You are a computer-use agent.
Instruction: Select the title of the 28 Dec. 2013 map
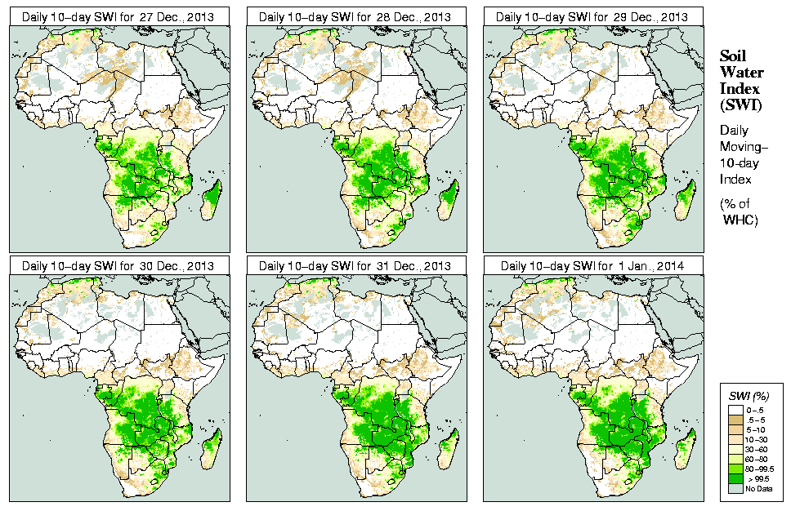pos(356,16)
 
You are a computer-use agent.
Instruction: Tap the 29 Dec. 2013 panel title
pos(592,16)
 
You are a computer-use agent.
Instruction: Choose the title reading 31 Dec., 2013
pos(356,265)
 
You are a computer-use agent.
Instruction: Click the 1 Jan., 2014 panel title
pos(592,265)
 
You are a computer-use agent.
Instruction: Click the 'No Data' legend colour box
pos(734,488)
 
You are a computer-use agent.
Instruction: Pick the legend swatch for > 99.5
pos(734,478)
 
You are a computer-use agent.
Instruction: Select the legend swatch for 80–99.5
pos(734,469)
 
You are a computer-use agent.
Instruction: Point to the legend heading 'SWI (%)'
pos(748,396)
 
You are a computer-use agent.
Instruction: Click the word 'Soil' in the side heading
pos(734,56)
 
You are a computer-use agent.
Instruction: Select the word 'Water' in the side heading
pos(740,72)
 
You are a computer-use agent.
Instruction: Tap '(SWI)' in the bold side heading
pos(740,104)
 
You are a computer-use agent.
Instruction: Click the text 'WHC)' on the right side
pos(741,221)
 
